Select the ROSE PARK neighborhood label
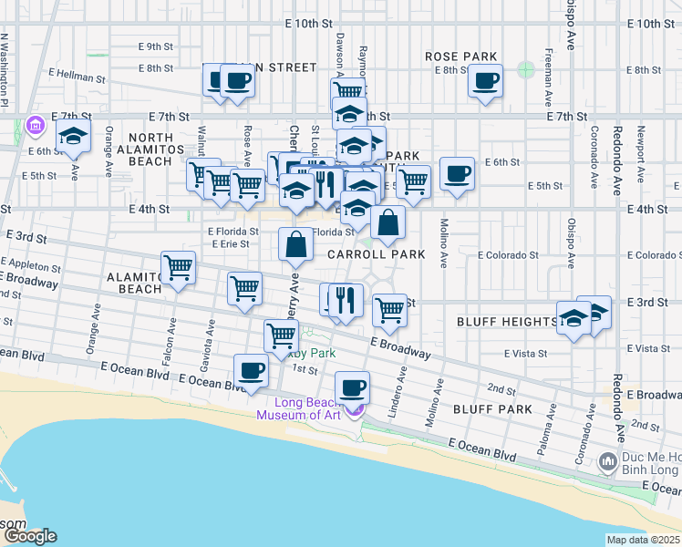(x=460, y=57)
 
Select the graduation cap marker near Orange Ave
(x=73, y=139)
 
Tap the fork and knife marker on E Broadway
(x=345, y=299)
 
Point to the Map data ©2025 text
(x=642, y=540)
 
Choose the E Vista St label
(x=524, y=352)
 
